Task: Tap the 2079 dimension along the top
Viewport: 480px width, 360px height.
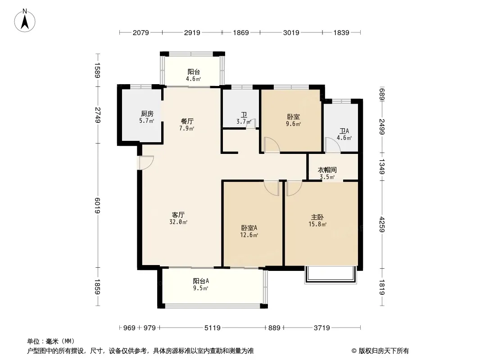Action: [x=141, y=32]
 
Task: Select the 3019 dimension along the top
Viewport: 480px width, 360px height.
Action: [x=291, y=32]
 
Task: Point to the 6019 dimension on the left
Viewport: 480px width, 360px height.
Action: [x=98, y=206]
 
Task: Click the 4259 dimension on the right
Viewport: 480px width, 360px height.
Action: [x=382, y=224]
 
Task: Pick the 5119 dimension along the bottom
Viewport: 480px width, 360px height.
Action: [x=213, y=328]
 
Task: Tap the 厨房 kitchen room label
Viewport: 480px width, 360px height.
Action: [x=147, y=114]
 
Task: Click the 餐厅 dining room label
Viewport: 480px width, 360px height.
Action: [x=187, y=121]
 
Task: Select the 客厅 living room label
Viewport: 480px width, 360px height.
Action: [x=178, y=215]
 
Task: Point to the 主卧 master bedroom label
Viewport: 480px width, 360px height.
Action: [x=317, y=217]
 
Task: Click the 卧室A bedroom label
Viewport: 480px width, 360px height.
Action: [x=249, y=228]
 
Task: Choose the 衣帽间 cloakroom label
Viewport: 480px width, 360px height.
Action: [x=327, y=170]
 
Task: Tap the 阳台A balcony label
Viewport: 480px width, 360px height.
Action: [x=201, y=281]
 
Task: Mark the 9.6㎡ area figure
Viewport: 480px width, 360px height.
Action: [x=293, y=124]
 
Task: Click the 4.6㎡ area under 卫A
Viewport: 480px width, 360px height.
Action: [x=344, y=138]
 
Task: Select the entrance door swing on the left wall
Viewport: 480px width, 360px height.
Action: [x=146, y=163]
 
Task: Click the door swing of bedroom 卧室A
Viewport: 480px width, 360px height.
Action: [x=272, y=188]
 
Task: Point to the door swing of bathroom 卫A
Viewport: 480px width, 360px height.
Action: [x=333, y=145]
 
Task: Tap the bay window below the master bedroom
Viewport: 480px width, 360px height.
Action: [x=331, y=275]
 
